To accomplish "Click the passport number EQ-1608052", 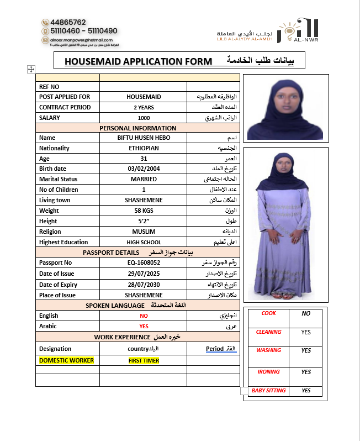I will [x=144, y=263].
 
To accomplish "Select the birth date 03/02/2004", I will [x=144, y=169].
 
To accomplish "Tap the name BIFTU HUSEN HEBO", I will [x=144, y=138].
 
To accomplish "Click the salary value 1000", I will [x=144, y=118].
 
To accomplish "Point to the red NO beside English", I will [x=144, y=316].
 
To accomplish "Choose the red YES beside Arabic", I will [x=144, y=326].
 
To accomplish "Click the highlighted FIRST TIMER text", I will [x=144, y=361].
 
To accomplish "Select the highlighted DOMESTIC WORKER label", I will [x=66, y=360].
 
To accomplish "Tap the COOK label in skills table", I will [x=268, y=313].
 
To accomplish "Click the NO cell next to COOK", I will [x=306, y=313].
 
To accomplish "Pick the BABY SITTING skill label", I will [x=268, y=391].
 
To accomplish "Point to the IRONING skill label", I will [x=268, y=372].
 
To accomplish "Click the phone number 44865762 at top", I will [x=68, y=22].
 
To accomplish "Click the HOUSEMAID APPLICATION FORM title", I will [x=138, y=61].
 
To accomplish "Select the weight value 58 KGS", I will [x=144, y=211].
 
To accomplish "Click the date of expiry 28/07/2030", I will [x=144, y=285].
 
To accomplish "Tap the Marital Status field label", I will [x=59, y=179].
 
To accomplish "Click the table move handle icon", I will [x=31, y=69].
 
